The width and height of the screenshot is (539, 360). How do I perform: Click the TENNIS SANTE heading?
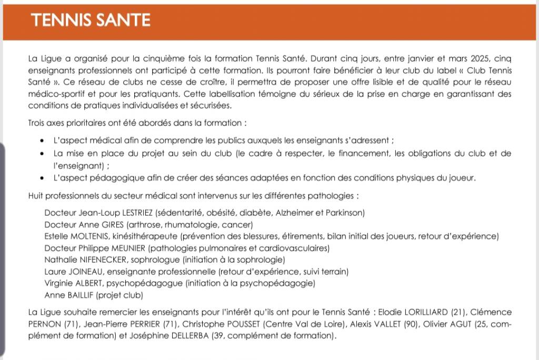click(x=91, y=21)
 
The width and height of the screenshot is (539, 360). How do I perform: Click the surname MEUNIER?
click(x=128, y=248)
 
